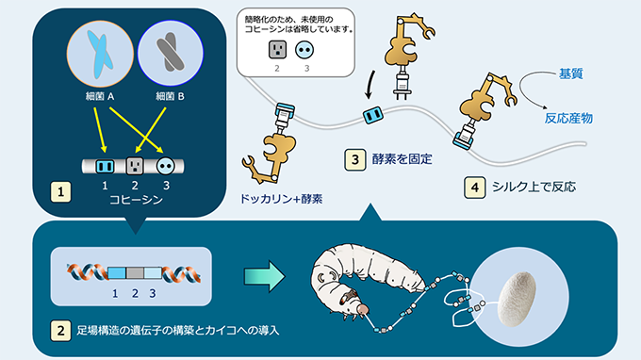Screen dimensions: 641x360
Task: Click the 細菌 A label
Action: [x=100, y=96]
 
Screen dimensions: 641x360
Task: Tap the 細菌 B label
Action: [x=170, y=96]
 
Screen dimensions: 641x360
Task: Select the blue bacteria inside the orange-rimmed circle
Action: [x=100, y=55]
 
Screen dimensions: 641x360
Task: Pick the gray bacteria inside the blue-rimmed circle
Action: [x=170, y=53]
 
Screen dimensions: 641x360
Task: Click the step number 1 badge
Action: [x=61, y=191]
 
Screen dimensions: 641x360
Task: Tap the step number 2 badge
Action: [x=61, y=330]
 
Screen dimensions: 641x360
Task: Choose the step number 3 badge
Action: [x=354, y=159]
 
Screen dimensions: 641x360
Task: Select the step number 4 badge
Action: [x=474, y=188]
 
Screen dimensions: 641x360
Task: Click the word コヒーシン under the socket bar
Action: [x=136, y=200]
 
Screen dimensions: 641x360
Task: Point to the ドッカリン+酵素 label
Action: [x=281, y=199]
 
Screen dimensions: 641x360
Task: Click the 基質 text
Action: [x=570, y=74]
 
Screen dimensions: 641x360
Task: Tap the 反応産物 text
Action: [x=568, y=119]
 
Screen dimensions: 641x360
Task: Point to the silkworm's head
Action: [x=360, y=308]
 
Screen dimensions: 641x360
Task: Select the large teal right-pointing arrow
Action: [x=265, y=277]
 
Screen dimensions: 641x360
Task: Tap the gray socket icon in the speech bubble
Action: [x=277, y=50]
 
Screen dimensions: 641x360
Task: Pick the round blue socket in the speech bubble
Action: [x=304, y=50]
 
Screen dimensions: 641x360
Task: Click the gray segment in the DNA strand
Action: [x=135, y=273]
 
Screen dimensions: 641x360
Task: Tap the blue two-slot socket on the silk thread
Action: [x=373, y=115]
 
